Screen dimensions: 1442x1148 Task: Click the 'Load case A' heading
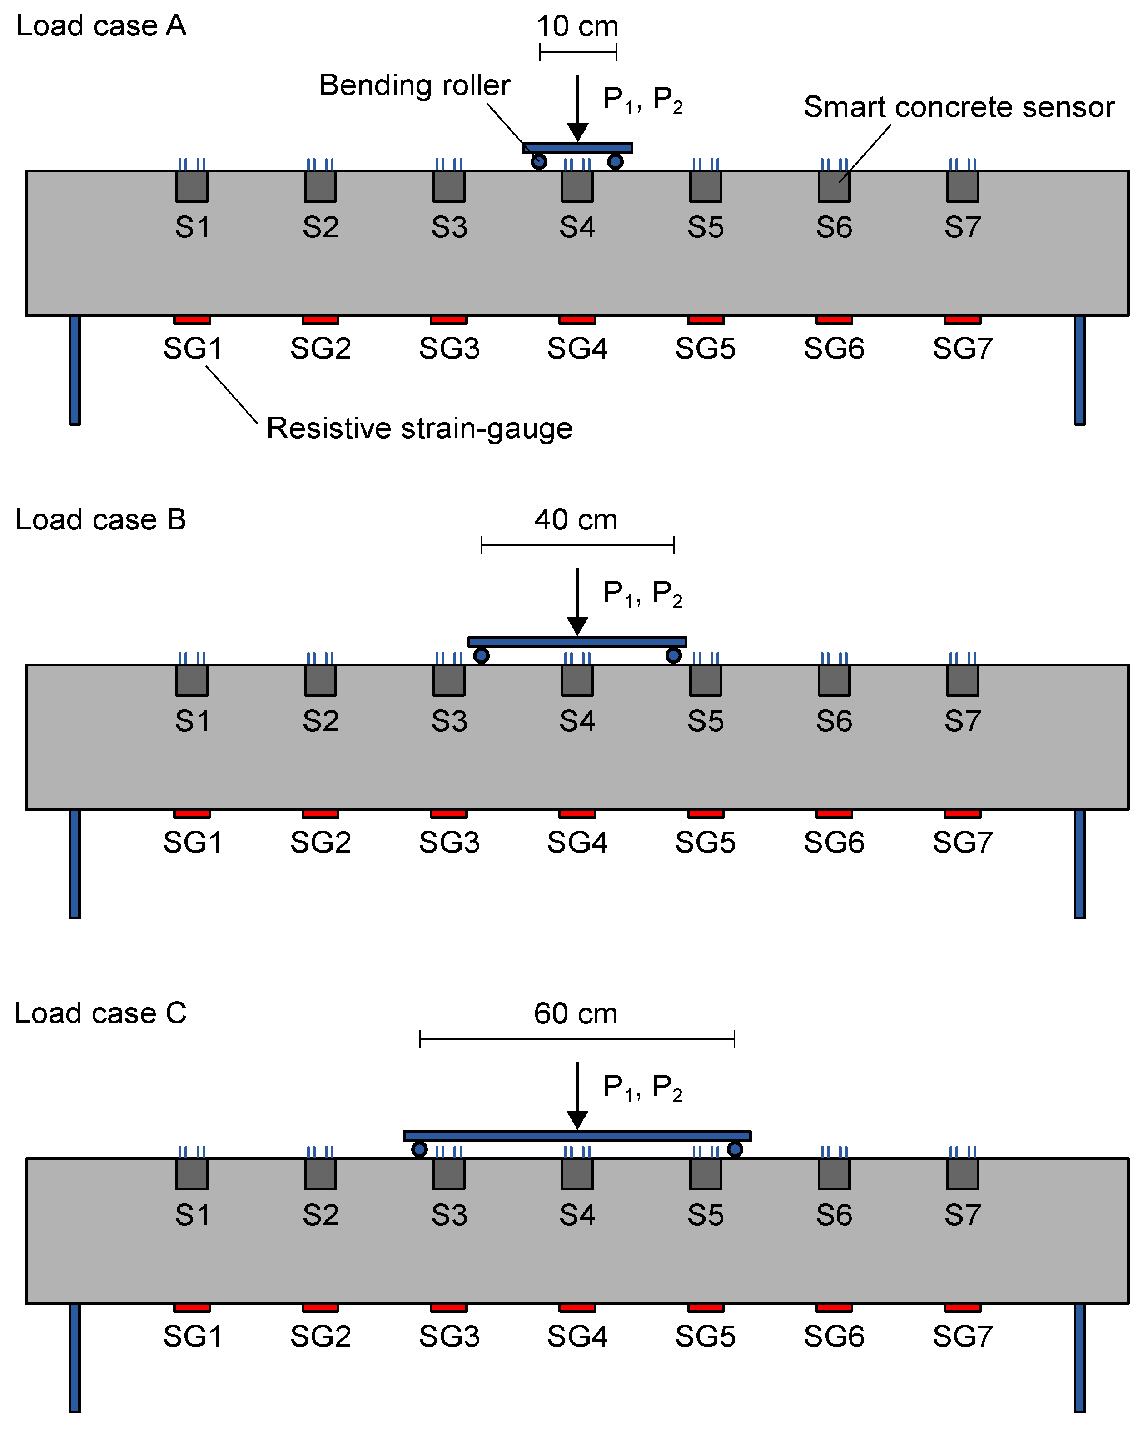coord(101,26)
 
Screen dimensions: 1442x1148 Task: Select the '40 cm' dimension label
coord(575,520)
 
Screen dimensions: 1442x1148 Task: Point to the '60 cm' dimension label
coord(575,1013)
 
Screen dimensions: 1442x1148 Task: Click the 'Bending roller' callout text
coord(414,85)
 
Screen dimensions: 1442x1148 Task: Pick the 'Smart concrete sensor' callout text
coord(958,107)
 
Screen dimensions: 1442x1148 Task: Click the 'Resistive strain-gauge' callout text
coord(419,428)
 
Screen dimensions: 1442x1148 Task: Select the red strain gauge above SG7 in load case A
coord(962,319)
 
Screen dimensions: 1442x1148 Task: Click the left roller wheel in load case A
coord(539,162)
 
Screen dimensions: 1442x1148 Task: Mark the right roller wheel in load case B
coord(673,655)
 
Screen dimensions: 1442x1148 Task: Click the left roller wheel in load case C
coord(419,1149)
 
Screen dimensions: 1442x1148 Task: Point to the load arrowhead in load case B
coord(577,626)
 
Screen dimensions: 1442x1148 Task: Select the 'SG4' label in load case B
coord(577,842)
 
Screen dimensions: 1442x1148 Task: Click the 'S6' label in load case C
coord(834,1215)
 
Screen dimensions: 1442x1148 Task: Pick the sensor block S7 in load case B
coord(962,680)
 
